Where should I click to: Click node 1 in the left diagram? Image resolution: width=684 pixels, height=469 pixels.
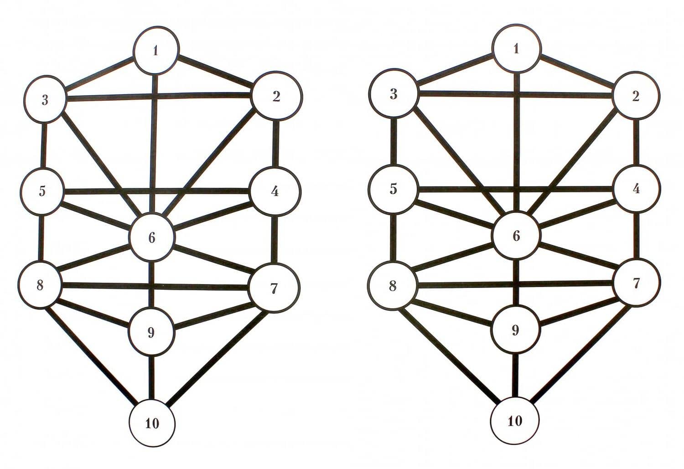point(156,50)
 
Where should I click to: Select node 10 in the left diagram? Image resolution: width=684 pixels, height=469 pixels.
point(152,423)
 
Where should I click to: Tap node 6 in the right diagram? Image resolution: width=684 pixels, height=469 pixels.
point(516,236)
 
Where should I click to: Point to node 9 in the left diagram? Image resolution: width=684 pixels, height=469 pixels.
point(151,332)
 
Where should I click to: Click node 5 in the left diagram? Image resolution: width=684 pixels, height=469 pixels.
point(42,191)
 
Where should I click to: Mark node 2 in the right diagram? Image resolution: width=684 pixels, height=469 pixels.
point(636,96)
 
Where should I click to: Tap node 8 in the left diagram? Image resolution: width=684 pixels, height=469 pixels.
point(40,285)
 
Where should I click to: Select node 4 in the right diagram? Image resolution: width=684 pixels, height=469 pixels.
point(636,189)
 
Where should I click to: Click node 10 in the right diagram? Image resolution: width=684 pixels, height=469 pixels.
point(515,421)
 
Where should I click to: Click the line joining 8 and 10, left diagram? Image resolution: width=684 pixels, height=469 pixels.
point(90,355)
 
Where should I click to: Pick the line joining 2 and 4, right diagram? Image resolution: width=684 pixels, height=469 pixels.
point(636,143)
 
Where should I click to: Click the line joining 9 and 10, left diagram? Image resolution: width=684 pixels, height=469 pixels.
point(152,378)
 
